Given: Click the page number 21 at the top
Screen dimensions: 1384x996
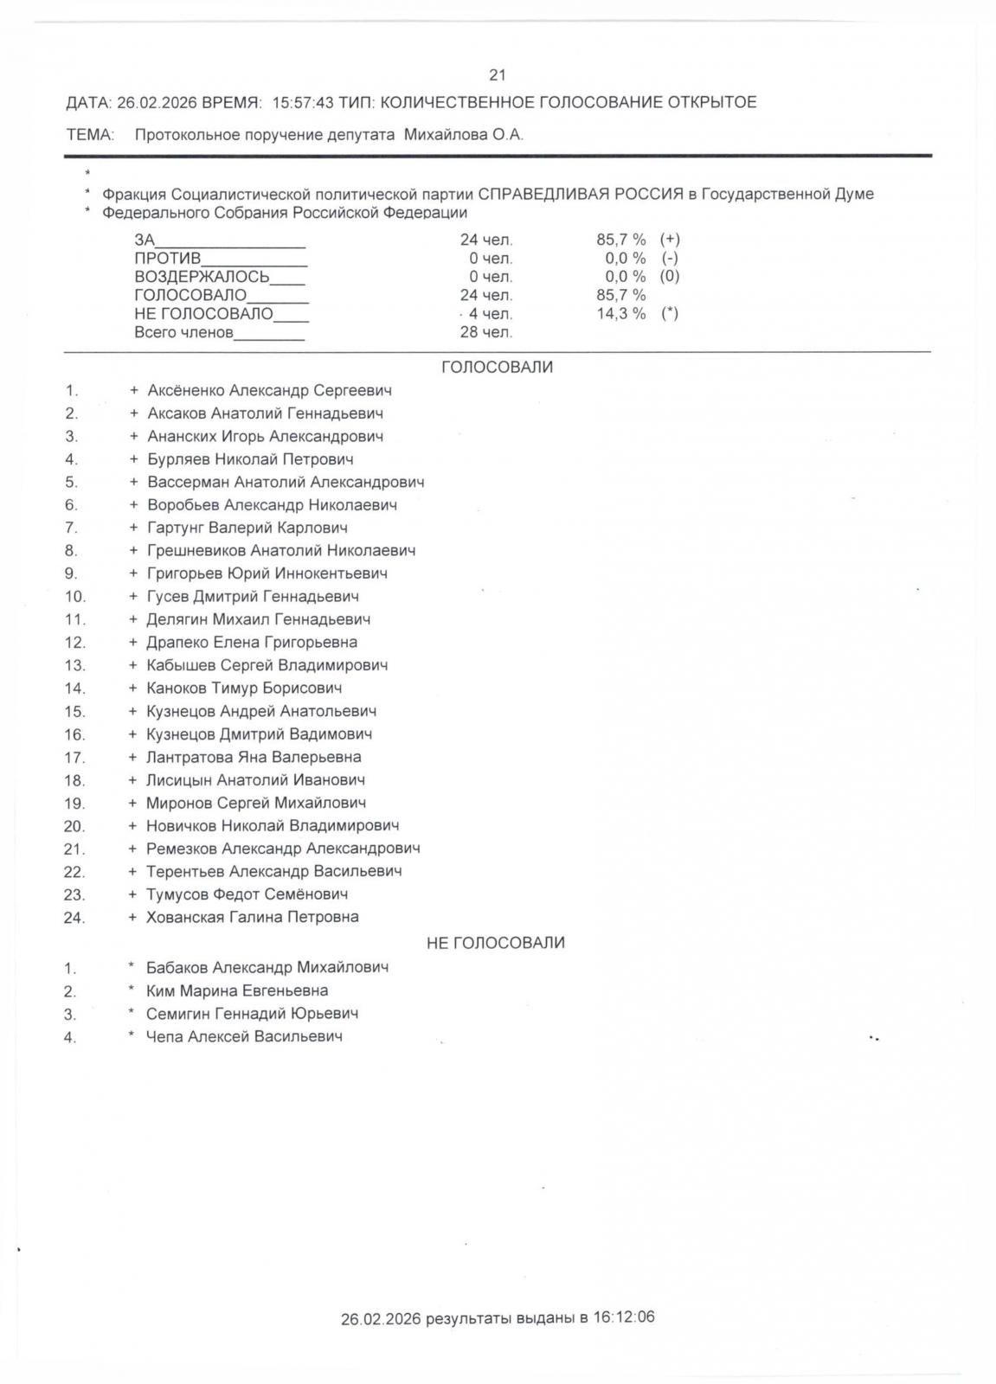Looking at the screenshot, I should click(497, 75).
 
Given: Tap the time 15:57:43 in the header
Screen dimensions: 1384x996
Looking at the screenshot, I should click(303, 103).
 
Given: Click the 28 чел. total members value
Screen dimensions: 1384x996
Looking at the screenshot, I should click(485, 332).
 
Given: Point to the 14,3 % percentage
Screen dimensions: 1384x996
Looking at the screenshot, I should click(620, 313).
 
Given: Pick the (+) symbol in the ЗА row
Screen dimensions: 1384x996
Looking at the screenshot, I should click(670, 239).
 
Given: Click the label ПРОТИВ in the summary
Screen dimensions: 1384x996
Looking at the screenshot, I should click(167, 259).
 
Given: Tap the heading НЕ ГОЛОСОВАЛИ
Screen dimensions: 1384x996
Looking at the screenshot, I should click(495, 943).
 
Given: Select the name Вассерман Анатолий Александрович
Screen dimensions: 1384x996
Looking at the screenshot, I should click(286, 482).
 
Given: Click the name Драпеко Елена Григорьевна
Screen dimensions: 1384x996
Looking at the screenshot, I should click(251, 642).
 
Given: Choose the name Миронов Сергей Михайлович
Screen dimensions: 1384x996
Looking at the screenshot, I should click(255, 803).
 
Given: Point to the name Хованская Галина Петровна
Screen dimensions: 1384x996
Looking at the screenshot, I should click(252, 917).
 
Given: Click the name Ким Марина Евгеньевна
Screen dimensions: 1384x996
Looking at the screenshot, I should click(236, 990).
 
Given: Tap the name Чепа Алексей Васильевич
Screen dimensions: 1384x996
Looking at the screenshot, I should click(244, 1036).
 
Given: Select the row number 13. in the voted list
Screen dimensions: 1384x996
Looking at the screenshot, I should click(74, 665).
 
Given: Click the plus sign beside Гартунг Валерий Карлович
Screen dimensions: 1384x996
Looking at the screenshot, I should click(133, 528).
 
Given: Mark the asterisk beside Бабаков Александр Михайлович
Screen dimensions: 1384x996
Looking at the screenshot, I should click(132, 966).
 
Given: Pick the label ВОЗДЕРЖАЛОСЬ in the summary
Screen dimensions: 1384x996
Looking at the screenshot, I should click(202, 277).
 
